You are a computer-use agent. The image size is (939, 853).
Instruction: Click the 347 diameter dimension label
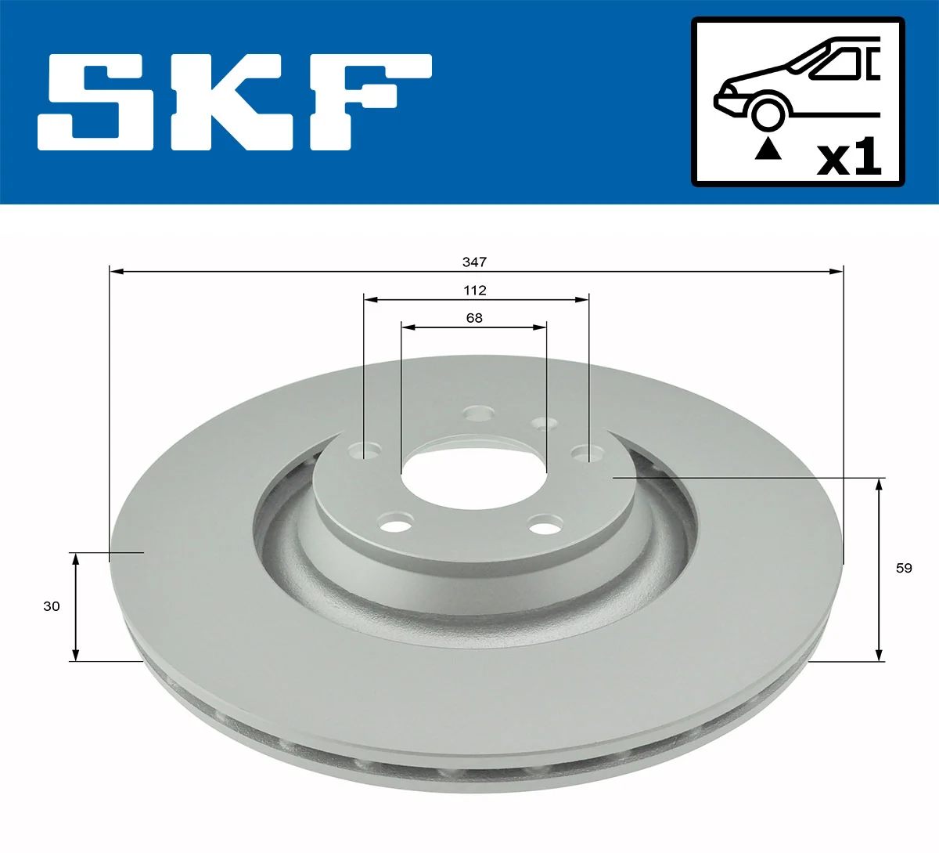tap(474, 262)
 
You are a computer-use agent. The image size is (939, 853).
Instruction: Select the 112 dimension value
tap(474, 290)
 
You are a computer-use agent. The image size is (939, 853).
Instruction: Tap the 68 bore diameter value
tap(474, 317)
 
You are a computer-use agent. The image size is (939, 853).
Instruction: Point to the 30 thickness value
tap(52, 605)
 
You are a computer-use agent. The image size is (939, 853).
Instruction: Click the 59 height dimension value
tap(904, 568)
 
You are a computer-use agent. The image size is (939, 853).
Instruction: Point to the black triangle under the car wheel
tap(768, 148)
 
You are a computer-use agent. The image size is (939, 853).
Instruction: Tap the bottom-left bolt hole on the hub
tap(398, 522)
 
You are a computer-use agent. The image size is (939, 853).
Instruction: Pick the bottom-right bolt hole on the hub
tap(545, 523)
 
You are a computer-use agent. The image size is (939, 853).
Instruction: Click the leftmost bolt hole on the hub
tap(364, 450)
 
